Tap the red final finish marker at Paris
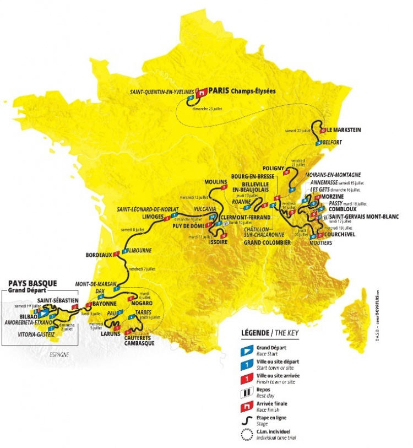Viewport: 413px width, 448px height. click(x=203, y=93)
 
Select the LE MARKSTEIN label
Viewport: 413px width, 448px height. click(x=343, y=130)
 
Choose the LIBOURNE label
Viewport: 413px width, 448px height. click(x=140, y=250)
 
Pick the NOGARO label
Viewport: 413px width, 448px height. click(x=141, y=303)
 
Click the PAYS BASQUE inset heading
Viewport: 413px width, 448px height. click(x=32, y=284)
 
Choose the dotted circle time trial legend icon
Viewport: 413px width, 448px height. click(x=248, y=434)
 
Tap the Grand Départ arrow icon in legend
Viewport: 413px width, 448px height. click(x=248, y=349)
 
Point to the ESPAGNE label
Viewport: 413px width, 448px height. click(x=59, y=354)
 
